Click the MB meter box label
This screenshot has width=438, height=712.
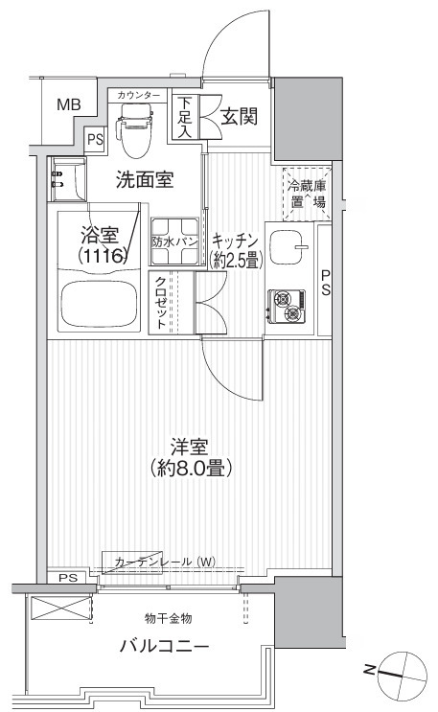coord(69,104)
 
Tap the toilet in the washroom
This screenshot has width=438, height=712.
coord(134,129)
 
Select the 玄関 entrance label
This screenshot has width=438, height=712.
coord(239,117)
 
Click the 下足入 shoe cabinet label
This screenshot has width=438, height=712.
coord(185,117)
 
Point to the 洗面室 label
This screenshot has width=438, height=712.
coord(145,180)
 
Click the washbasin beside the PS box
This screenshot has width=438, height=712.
coord(68,179)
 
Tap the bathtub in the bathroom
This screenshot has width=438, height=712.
coord(98,304)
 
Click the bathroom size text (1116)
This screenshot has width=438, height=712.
coord(102,257)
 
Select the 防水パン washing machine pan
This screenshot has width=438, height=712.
coord(175,241)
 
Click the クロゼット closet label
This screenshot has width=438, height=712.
coord(160,303)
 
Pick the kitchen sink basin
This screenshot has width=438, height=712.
coord(289,247)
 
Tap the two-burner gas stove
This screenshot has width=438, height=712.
coord(287,306)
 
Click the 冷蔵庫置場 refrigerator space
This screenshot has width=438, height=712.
coord(307,194)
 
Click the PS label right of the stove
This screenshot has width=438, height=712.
coord(325,283)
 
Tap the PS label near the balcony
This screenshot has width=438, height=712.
coord(68,578)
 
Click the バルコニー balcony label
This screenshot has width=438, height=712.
coord(165,646)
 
